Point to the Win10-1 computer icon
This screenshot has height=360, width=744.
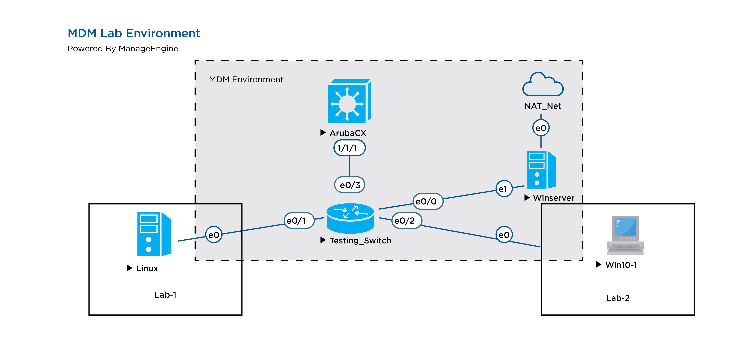pyautogui.click(x=625, y=235)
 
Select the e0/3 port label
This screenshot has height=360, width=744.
pyautogui.click(x=350, y=185)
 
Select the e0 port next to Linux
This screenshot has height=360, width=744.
pyautogui.click(x=214, y=235)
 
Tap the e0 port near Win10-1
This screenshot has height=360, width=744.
pyautogui.click(x=504, y=235)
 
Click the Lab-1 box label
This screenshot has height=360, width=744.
pyautogui.click(x=166, y=295)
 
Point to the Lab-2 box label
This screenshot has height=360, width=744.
pyautogui.click(x=618, y=298)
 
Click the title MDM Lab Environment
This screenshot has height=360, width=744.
pyautogui.click(x=134, y=33)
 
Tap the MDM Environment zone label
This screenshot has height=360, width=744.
pyautogui.click(x=246, y=79)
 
